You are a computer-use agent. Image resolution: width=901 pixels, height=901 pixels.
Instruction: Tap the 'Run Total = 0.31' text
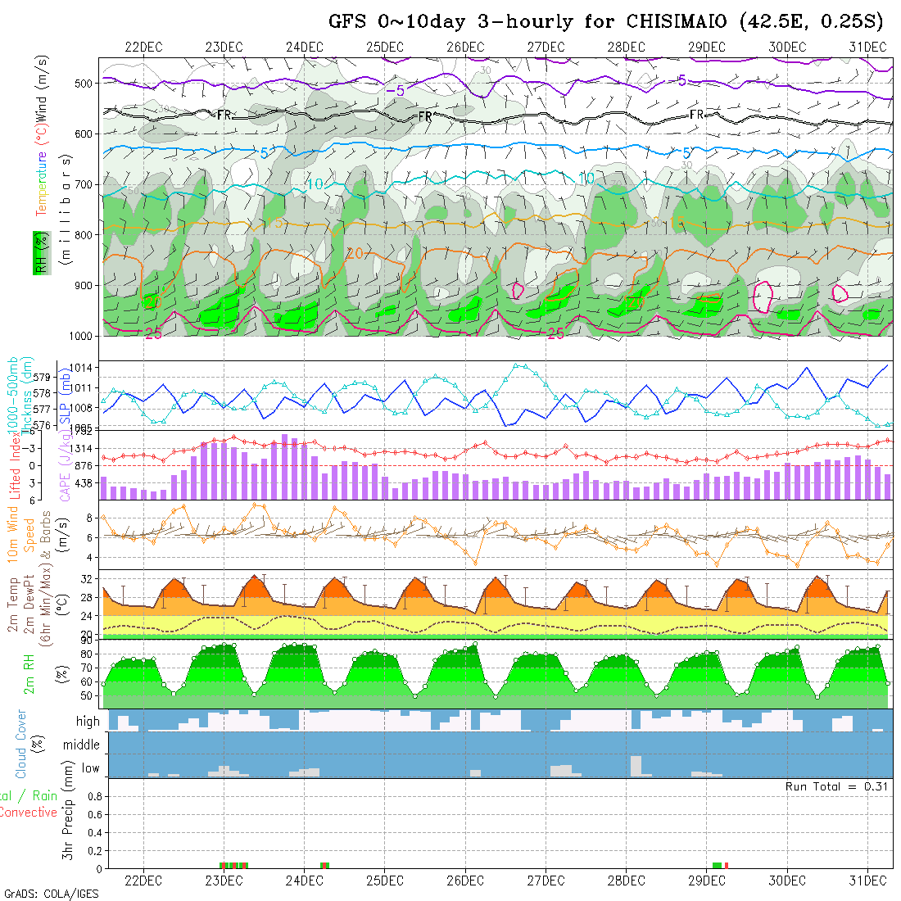coord(837,786)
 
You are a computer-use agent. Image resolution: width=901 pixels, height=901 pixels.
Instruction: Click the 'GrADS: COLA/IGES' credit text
coord(51,894)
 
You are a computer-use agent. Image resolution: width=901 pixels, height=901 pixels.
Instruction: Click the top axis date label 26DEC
coord(465,47)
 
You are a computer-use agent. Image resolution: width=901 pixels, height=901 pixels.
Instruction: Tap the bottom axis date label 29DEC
coord(706,881)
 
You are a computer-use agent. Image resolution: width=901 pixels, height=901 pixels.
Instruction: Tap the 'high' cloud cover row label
coord(88,722)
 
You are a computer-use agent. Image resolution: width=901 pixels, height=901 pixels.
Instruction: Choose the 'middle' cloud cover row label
coord(82,745)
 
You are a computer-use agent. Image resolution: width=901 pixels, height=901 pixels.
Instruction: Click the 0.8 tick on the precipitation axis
coord(93,796)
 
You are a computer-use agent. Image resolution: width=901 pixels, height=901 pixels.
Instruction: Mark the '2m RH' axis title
coord(29,673)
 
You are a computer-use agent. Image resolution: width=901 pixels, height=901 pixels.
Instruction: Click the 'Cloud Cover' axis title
coord(21,744)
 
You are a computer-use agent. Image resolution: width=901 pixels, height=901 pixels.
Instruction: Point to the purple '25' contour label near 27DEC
coord(555,333)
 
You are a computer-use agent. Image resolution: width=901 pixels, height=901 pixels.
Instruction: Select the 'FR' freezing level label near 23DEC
coord(224,115)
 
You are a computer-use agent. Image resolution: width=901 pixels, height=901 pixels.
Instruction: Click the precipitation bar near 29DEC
coord(718,865)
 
